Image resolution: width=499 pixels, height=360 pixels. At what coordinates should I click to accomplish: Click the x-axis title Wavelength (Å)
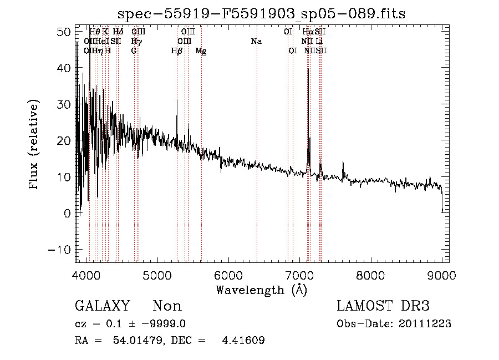(262, 290)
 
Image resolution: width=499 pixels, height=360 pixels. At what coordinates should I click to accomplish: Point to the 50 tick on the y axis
(75, 32)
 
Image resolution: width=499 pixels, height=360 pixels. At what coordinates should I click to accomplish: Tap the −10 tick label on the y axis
(60, 250)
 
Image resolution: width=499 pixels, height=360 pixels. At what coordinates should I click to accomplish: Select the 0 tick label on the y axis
(68, 213)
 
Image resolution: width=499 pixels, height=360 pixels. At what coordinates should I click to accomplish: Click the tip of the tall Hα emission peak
(308, 69)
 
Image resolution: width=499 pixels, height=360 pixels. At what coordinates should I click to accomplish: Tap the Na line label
(256, 42)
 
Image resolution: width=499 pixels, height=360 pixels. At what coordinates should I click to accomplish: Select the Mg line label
(201, 50)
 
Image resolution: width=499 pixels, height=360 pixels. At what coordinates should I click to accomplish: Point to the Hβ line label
(177, 50)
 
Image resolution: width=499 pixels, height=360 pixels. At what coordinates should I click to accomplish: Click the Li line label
(320, 42)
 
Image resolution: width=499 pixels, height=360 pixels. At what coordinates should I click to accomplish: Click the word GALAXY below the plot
(103, 306)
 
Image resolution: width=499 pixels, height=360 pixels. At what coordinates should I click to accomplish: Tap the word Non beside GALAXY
(167, 306)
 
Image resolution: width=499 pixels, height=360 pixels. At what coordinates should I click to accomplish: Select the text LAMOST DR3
(383, 306)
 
